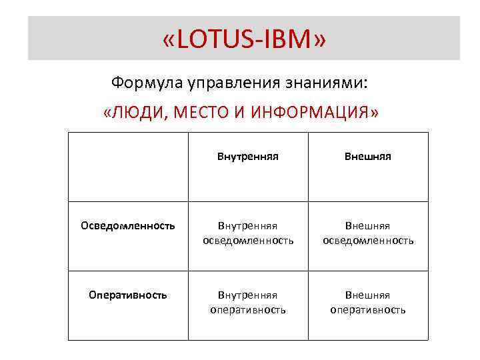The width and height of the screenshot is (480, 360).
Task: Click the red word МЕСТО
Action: [x=203, y=113]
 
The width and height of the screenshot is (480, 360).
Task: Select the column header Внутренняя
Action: [x=247, y=157]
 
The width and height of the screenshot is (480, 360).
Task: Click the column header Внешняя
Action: [x=368, y=157]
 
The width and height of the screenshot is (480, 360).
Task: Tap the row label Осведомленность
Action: [x=128, y=226]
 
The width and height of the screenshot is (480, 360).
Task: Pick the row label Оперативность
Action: [x=128, y=295]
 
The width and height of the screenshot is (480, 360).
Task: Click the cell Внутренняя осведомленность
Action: [x=248, y=233]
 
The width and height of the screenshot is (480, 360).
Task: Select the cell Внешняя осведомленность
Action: [x=368, y=233]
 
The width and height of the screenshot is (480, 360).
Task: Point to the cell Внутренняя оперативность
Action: [x=248, y=302]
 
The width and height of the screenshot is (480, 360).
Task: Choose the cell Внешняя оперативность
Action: [x=368, y=302]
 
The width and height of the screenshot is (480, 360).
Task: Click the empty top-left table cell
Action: [x=128, y=167]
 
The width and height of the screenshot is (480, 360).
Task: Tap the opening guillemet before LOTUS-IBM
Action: [x=168, y=40]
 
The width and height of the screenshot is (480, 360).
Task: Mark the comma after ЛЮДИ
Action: [x=165, y=117]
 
